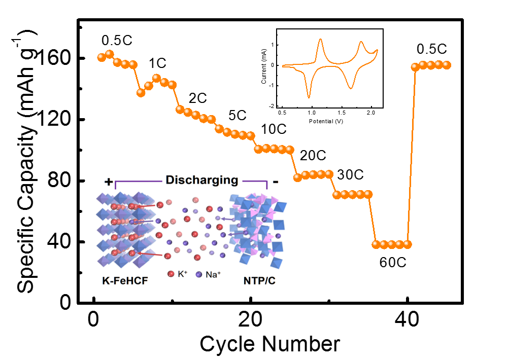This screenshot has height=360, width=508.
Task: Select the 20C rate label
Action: tap(313, 155)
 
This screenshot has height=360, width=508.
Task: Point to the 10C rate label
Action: tap(274, 130)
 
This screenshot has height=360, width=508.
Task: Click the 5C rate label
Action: tap(237, 115)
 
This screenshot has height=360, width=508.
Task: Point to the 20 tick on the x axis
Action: tap(250, 320)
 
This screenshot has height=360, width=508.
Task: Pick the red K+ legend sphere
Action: tap(171, 274)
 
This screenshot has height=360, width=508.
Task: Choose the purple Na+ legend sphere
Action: tap(199, 274)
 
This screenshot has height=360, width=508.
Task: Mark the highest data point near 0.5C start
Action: tap(109, 54)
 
